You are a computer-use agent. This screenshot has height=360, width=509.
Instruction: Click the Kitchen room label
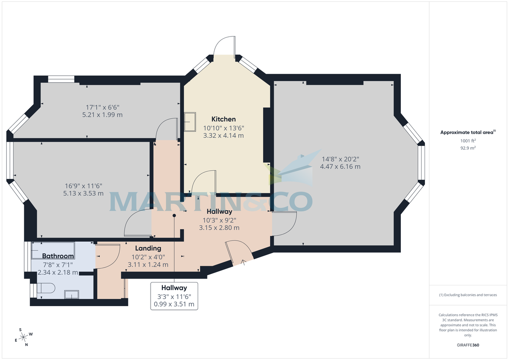point(224,119)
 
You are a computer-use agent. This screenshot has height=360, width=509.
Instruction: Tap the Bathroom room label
point(58,256)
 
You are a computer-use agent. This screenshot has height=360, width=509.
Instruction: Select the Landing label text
point(148,248)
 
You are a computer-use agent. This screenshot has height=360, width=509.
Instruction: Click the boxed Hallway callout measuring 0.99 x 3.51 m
point(174,296)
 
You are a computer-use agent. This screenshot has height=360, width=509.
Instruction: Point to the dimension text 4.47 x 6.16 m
point(340,167)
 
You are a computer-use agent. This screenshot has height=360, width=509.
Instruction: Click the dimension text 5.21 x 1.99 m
point(102,115)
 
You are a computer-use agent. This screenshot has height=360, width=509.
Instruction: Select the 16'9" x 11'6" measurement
point(84,186)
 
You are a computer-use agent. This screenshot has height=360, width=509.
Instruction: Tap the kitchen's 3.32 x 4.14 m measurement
point(224,136)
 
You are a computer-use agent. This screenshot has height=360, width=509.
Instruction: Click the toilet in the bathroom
point(46,288)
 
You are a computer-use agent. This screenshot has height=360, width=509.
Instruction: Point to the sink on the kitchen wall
point(190,122)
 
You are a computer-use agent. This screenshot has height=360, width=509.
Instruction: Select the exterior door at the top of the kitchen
point(224,47)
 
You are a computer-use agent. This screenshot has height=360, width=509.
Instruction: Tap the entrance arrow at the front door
point(243,262)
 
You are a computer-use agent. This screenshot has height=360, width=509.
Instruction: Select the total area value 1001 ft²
point(468,141)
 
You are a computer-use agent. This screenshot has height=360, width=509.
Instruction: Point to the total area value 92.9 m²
point(468,148)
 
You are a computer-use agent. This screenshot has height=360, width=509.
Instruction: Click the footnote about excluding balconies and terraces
point(468,295)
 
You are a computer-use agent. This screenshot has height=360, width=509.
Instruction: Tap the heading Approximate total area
point(468,132)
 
